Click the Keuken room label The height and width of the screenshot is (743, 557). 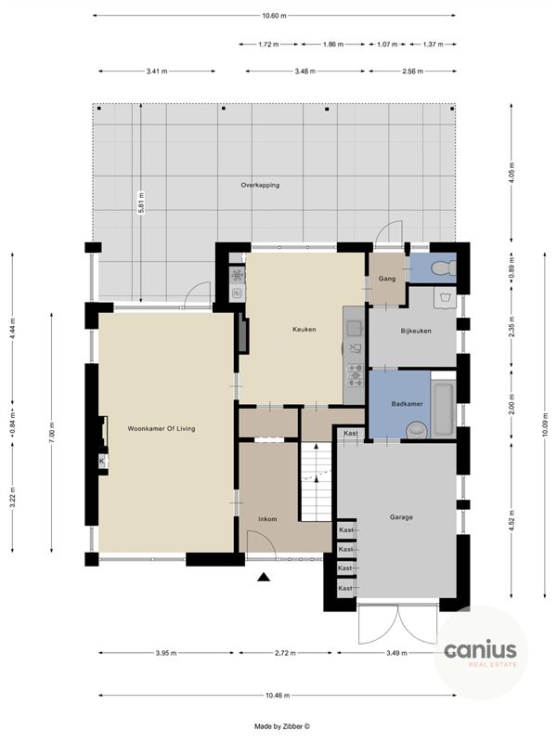pyautogui.click(x=304, y=329)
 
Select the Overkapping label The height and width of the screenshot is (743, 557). pyautogui.click(x=260, y=185)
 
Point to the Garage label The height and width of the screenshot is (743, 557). pyautogui.click(x=401, y=517)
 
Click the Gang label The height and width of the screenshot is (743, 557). pyautogui.click(x=387, y=278)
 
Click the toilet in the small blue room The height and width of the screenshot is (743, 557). pyautogui.click(x=445, y=268)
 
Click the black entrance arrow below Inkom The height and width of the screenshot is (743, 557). pyautogui.click(x=264, y=578)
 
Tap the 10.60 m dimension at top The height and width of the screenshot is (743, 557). pyautogui.click(x=275, y=16)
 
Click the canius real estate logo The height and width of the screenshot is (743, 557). pyautogui.click(x=480, y=652)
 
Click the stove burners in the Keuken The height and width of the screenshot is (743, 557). pyautogui.click(x=354, y=374)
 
